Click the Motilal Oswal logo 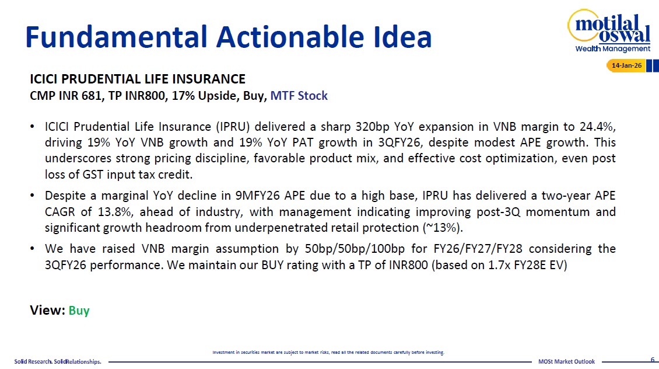(x=609, y=31)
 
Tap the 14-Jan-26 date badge (x=626, y=65)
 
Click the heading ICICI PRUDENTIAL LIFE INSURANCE (x=138, y=79)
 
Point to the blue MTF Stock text (x=299, y=96)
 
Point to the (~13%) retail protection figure (x=443, y=228)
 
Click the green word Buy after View (x=79, y=311)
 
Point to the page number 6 (x=653, y=359)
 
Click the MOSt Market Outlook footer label (x=566, y=361)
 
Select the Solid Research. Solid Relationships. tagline (x=58, y=361)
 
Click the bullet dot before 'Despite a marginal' (x=32, y=196)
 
